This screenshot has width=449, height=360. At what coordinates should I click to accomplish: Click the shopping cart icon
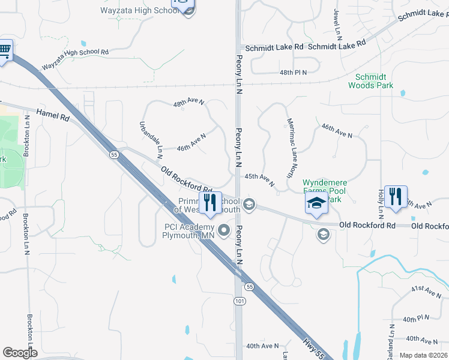pyautogui.click(x=4, y=50)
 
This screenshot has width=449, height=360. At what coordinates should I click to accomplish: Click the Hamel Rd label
pyautogui.click(x=53, y=113)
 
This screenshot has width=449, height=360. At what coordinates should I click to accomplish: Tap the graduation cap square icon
pyautogui.click(x=316, y=203)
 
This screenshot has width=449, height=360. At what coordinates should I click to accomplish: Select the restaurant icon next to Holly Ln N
pyautogui.click(x=396, y=197)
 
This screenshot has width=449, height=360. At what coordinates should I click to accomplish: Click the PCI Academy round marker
pyautogui.click(x=224, y=230)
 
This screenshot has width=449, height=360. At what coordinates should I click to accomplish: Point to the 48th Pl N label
pyautogui.click(x=293, y=72)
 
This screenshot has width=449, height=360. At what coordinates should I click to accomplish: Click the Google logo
pyautogui.click(x=20, y=353)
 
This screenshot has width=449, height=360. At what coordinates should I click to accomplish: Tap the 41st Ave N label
pyautogui.click(x=426, y=292)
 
